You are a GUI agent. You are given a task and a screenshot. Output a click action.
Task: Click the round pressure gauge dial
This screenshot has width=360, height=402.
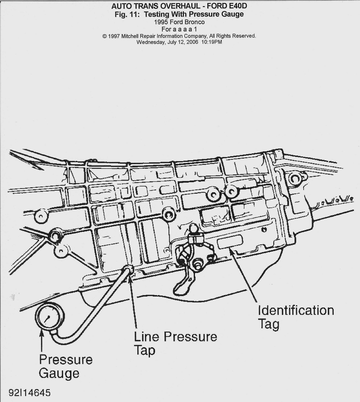click(x=49, y=317)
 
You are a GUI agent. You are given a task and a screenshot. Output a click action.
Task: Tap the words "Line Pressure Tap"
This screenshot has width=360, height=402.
click(x=175, y=343)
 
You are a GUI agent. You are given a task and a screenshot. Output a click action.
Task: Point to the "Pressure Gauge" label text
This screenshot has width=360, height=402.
click(x=65, y=366)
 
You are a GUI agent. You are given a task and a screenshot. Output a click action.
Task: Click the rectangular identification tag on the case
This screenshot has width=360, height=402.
click(x=230, y=242)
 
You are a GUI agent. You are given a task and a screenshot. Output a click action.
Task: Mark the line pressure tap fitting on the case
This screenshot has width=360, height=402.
click(x=129, y=270)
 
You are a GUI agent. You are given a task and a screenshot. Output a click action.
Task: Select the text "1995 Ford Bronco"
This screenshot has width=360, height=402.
click(x=179, y=22)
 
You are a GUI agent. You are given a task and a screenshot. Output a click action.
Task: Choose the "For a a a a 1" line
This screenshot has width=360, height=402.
click(x=179, y=29)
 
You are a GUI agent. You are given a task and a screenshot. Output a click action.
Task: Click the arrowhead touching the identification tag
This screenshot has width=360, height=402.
click(x=231, y=251)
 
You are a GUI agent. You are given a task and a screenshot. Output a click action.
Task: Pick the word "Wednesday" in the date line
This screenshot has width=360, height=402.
click(x=150, y=42)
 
